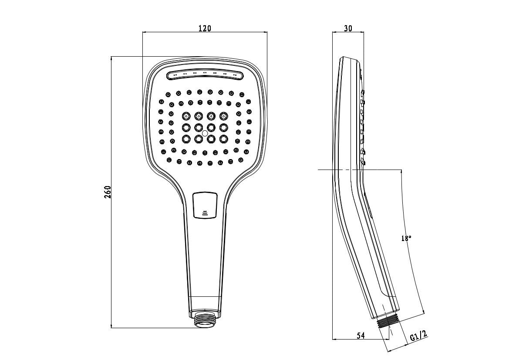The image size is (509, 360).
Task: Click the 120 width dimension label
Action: [x=205, y=28]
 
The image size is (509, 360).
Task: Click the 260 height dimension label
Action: [x=108, y=192]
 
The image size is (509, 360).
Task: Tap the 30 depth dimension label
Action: [x=348, y=28]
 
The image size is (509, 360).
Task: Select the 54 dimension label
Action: [x=361, y=335]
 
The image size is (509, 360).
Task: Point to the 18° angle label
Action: [x=406, y=238]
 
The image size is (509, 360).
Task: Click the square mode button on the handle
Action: [x=205, y=205]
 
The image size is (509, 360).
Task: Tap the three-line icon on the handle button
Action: [x=205, y=213]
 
